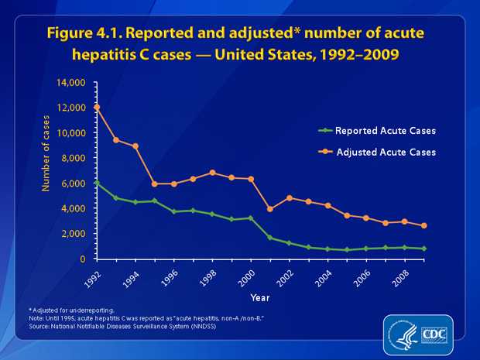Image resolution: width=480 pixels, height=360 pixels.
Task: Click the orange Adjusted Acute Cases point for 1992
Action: [97, 107]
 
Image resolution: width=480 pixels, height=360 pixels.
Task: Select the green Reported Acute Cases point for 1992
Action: [97, 183]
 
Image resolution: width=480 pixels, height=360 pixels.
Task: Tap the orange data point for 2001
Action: [269, 209]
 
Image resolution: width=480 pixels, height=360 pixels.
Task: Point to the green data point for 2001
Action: [269, 238]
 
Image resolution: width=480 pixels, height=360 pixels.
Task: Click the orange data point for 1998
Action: [212, 173]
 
